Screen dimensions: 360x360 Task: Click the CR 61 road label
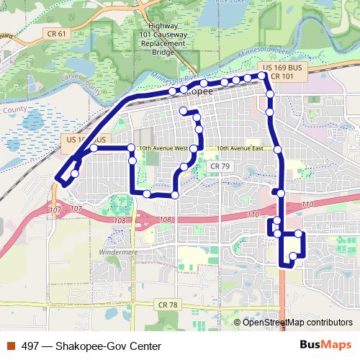54,33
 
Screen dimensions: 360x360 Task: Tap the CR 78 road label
167,305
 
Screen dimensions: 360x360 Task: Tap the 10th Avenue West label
163,148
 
